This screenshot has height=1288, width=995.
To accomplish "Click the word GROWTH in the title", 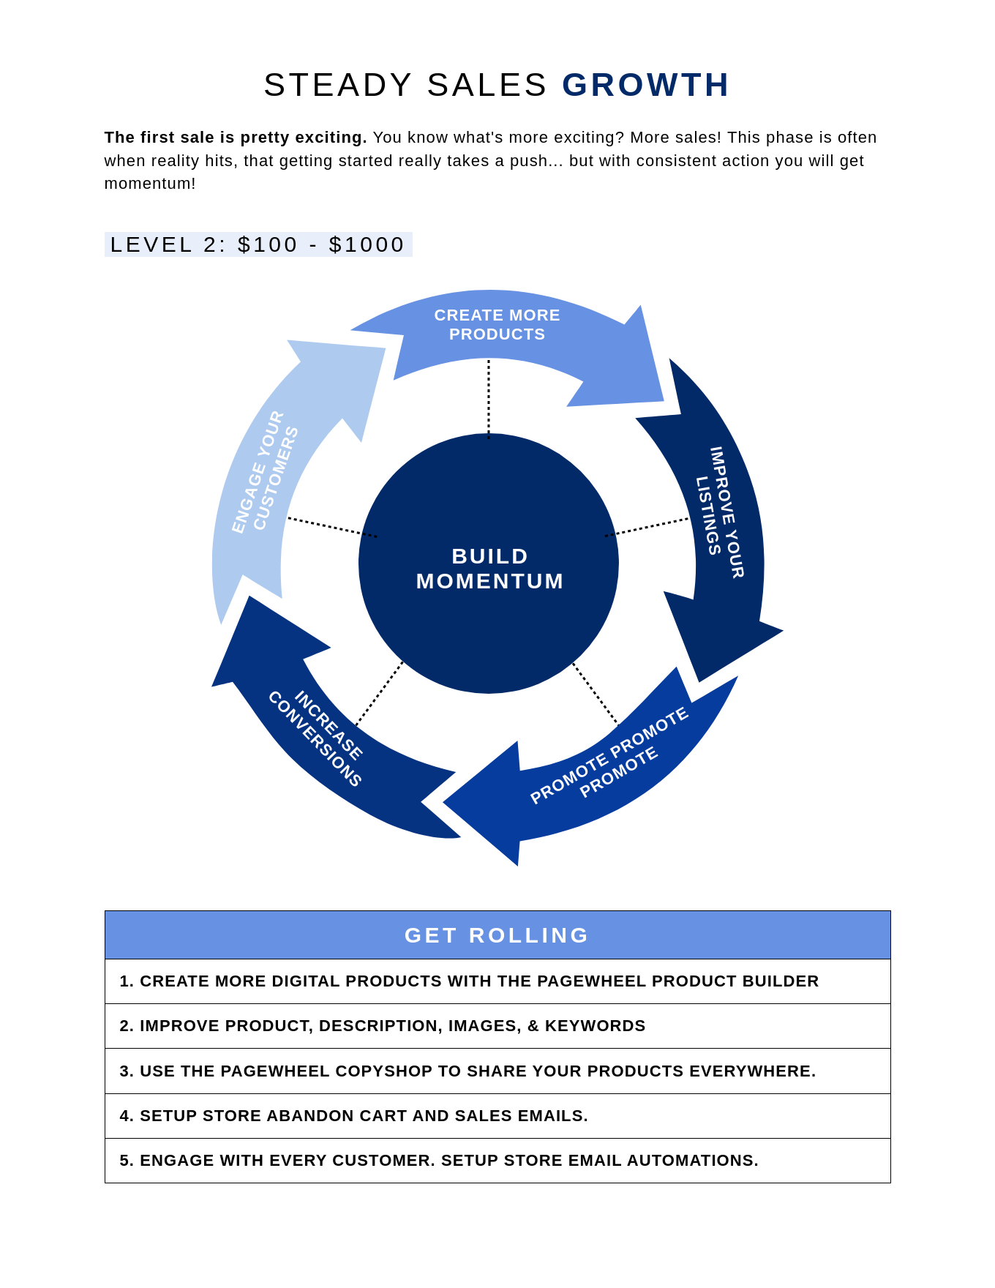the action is pyautogui.click(x=645, y=85).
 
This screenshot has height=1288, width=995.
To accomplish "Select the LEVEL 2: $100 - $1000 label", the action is pyautogui.click(x=258, y=244).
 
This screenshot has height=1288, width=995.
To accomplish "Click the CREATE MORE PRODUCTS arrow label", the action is pyautogui.click(x=497, y=325).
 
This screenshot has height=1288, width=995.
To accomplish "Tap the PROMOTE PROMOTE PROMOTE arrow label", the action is pyautogui.click(x=609, y=755).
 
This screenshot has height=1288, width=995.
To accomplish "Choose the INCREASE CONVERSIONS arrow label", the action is pyautogui.click(x=315, y=738).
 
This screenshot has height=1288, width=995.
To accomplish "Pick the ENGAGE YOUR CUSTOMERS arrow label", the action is pyautogui.click(x=265, y=471).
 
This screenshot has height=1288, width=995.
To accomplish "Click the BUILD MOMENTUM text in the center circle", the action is pyautogui.click(x=489, y=569).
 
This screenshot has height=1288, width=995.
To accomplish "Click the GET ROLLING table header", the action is pyautogui.click(x=497, y=935).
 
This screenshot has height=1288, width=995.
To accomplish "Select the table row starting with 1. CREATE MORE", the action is pyautogui.click(x=497, y=981).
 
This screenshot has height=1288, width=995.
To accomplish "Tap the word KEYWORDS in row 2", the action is pyautogui.click(x=596, y=1026).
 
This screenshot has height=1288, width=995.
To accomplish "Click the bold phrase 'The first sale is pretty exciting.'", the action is pyautogui.click(x=236, y=138).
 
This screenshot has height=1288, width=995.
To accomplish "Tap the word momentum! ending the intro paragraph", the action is pyautogui.click(x=150, y=184).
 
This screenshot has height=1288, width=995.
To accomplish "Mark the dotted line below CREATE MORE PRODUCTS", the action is pyautogui.click(x=489, y=399).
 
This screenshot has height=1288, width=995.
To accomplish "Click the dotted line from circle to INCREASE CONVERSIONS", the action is pyautogui.click(x=379, y=694).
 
